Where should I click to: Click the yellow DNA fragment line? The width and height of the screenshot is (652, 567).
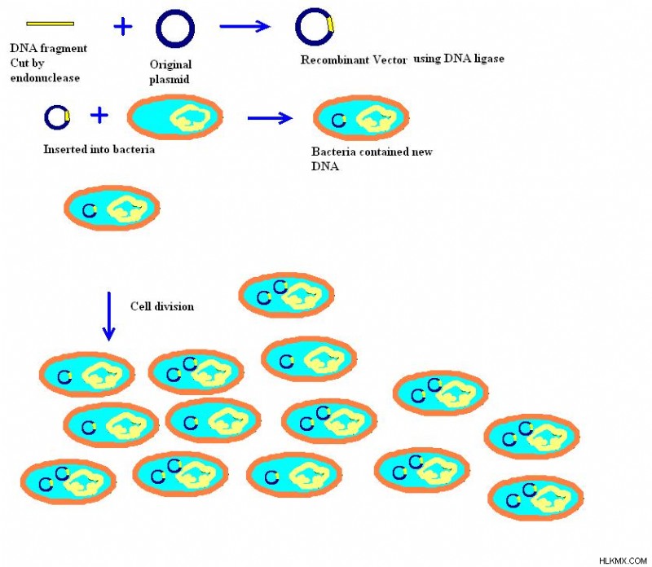(x=51, y=24)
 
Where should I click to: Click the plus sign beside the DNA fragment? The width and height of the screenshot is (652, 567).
(x=123, y=27)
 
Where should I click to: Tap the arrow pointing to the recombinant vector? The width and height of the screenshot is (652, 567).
(x=245, y=27)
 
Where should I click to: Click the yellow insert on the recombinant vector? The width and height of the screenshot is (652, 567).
(x=331, y=24)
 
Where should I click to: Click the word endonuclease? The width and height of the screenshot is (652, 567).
(x=45, y=78)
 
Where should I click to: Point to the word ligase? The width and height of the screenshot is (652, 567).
(x=490, y=59)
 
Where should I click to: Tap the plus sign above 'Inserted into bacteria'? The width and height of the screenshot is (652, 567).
(x=99, y=115)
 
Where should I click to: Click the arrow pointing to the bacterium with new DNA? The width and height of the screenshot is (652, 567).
(x=270, y=118)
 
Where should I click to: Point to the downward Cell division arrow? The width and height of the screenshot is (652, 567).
(x=109, y=316)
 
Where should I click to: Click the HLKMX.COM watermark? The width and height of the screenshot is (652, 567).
(x=623, y=560)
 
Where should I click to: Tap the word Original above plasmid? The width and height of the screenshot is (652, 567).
(x=170, y=65)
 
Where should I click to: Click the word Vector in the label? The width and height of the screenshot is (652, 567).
(x=390, y=59)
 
